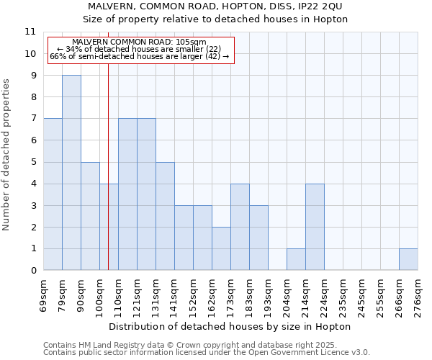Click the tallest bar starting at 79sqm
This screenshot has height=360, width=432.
[71, 173]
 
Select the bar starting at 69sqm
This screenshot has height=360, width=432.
[53, 194]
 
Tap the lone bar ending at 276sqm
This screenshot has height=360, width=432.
[408, 259]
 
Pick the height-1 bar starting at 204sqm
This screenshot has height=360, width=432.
[296, 259]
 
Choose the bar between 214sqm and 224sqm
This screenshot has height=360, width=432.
[315, 227]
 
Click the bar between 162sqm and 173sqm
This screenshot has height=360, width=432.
[221, 248]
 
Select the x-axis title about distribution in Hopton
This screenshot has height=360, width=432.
[230, 326]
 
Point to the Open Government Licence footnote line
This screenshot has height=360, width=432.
[207, 352]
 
